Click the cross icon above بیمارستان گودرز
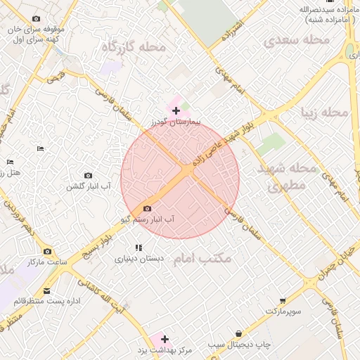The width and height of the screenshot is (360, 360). pos(176,111)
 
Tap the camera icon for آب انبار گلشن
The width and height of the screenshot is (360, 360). pos(88,175)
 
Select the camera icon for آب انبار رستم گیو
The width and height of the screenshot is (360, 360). pos(146,208)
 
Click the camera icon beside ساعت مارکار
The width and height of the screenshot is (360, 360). pos(47,251)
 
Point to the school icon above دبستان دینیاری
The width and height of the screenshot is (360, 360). pos(139,247)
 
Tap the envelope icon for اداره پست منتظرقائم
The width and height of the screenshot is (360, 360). pos(47,290)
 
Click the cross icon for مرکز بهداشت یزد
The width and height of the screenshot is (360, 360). pos(165,339)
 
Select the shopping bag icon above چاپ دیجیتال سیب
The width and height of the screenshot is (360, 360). pos(239,333)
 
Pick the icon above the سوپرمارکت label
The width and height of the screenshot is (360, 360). pos(283,300)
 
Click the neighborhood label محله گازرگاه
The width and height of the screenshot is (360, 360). pos(133,47)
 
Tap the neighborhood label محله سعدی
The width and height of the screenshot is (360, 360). pos(296,41)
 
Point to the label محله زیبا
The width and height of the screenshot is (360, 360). pos(324,112)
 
